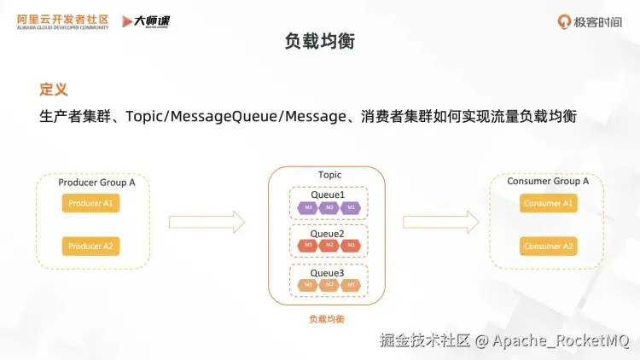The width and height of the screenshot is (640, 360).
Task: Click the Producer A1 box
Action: pos(90,204)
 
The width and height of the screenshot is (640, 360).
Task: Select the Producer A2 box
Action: pos(90,247)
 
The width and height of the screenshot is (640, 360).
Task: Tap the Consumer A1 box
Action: pos(549,204)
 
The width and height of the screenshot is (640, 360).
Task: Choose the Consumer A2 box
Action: pos(549,247)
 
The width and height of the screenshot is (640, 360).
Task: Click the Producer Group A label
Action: pos(96,183)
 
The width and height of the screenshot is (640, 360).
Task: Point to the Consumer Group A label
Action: pos(548,182)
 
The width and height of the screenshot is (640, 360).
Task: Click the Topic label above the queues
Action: pos(329,175)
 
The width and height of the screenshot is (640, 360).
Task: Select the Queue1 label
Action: pos(328,195)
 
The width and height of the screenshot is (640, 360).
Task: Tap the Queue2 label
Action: pos(328,233)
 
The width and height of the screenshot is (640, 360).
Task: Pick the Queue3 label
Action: pos(328,273)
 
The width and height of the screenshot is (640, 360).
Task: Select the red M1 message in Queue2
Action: pos(349,246)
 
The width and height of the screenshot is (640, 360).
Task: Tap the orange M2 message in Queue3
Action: pos(329,284)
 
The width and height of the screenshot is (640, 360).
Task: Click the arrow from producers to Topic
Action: pos(207,223)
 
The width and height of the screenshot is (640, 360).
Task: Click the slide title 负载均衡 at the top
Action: pos(319,41)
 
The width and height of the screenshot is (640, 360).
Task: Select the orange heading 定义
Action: pos(53,89)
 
